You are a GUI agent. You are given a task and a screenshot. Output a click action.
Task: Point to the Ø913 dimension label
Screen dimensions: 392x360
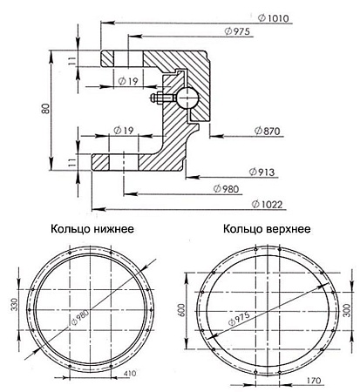click(262, 172)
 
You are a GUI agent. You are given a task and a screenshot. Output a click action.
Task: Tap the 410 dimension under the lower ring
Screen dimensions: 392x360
click(128, 374)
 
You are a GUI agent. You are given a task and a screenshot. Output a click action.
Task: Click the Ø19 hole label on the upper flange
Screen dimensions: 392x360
click(126, 81)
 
